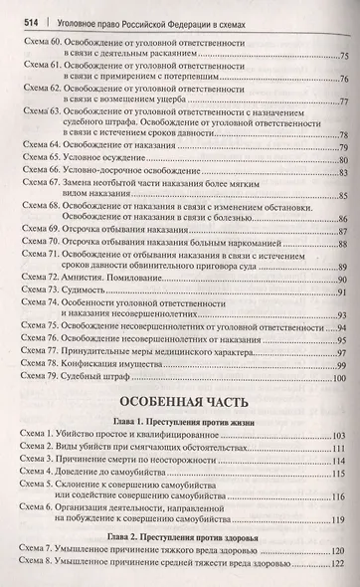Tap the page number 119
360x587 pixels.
pos(339,518)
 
